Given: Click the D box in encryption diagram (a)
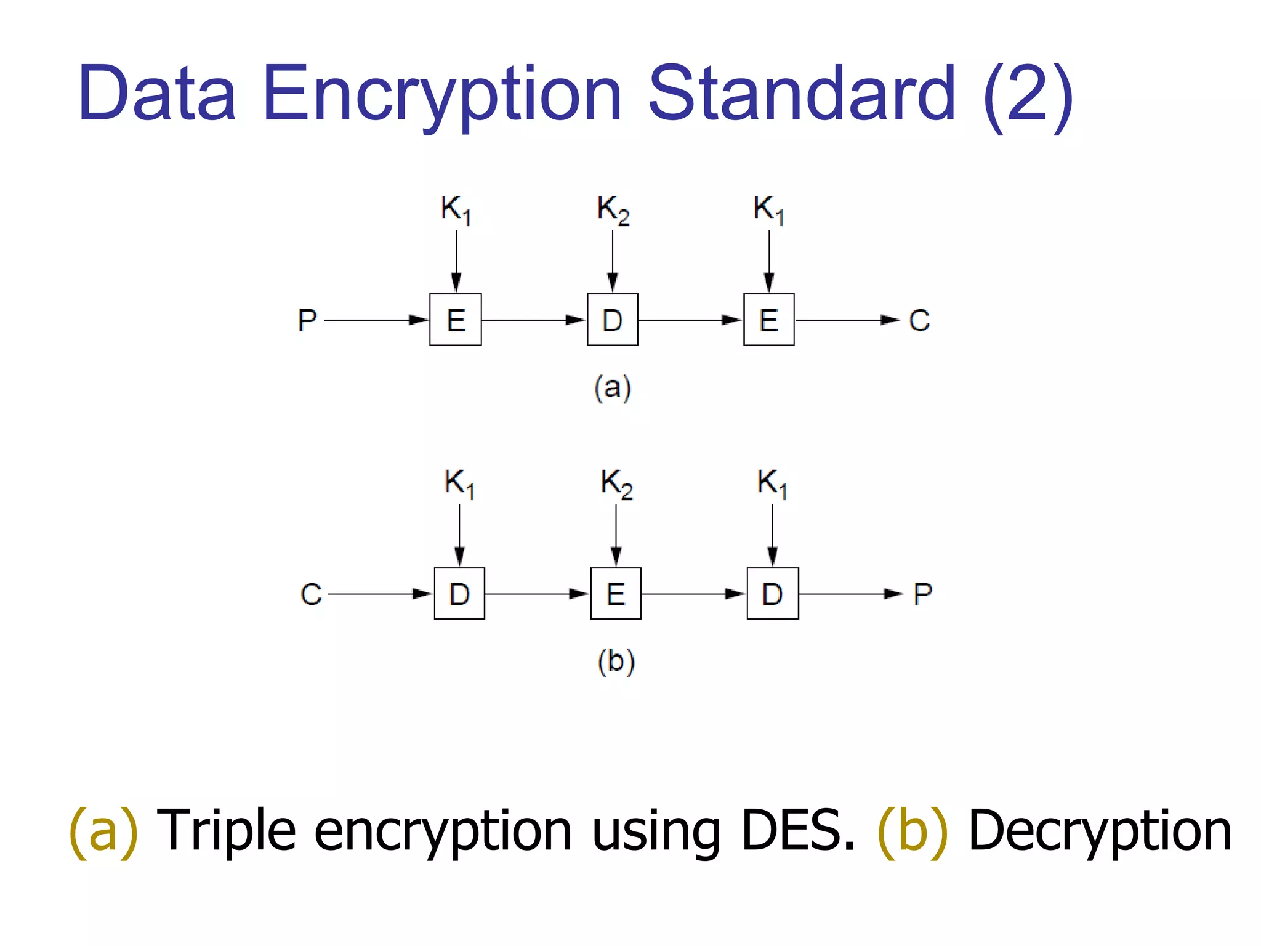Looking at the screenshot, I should point(612,320).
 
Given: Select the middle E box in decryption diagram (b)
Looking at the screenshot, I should point(616,594).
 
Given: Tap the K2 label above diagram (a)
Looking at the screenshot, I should point(613,210).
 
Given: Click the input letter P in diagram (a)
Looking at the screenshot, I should point(307,320).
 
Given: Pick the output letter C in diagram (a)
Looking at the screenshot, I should point(919,320).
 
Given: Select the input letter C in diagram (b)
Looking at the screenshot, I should point(311,594).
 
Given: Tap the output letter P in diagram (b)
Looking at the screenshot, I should point(923,594).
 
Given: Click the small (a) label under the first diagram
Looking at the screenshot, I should point(613,388).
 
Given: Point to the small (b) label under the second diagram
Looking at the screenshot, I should point(616,662).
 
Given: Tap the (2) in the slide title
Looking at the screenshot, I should point(1028,95).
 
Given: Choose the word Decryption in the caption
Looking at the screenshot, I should point(1100,831).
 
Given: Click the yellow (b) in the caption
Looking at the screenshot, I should point(912,831).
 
